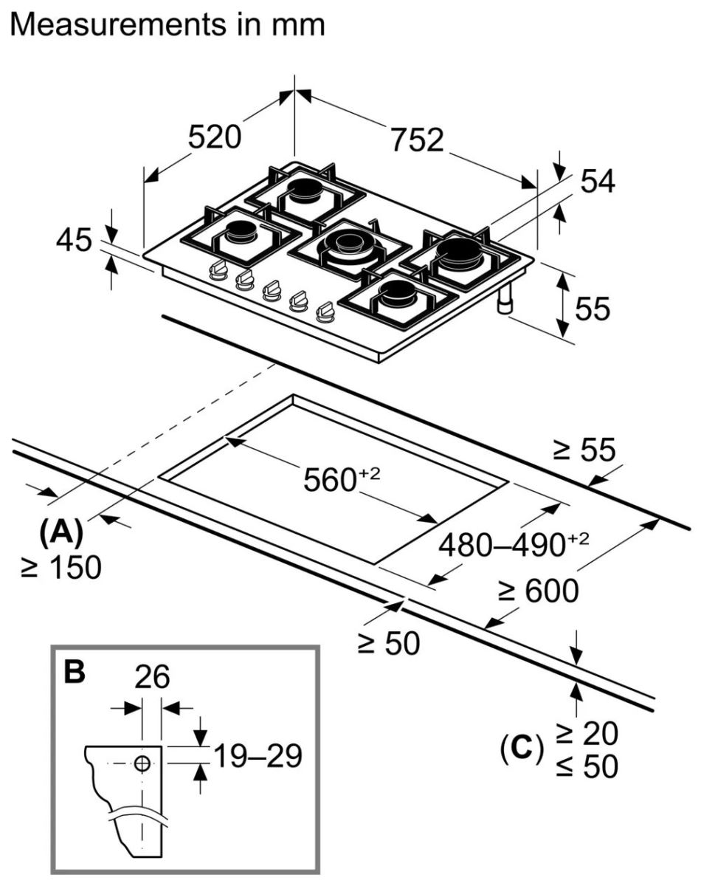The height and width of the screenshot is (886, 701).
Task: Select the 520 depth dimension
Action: (214, 137)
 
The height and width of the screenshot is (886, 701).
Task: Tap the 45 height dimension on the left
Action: (73, 241)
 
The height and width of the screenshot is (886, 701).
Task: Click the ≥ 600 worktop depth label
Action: (537, 591)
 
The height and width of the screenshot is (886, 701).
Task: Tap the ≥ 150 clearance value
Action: (61, 567)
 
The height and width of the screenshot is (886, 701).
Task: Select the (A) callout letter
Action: (61, 531)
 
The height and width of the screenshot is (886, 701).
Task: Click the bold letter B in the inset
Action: (75, 670)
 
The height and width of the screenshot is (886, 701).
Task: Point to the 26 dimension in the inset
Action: (152, 676)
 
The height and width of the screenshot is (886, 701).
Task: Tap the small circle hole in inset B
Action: (142, 764)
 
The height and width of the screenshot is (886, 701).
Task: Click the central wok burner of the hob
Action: (348, 244)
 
